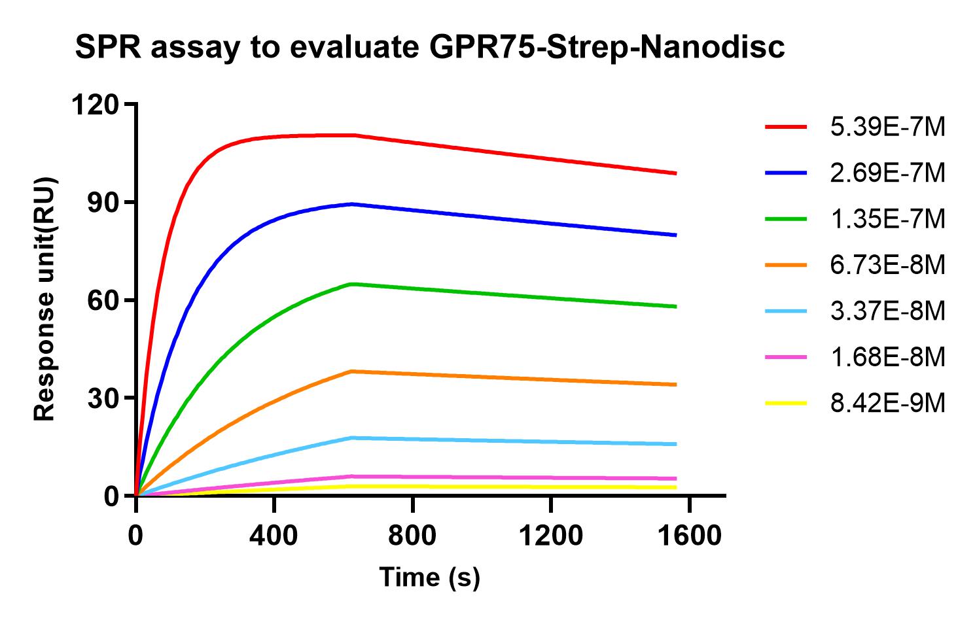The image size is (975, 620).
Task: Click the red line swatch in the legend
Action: [x=786, y=128]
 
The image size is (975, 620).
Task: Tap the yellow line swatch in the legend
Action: [x=786, y=404]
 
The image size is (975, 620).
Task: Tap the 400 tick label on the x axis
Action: [x=274, y=536]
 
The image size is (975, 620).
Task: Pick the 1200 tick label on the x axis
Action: [x=550, y=536]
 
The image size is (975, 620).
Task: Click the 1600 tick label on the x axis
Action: [x=689, y=536]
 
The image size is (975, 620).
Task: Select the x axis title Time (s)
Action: [x=429, y=577]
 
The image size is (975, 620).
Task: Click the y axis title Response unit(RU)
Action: [x=44, y=300]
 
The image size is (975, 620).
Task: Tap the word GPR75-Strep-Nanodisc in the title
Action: [x=601, y=48]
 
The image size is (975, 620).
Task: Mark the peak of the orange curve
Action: [x=352, y=371]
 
